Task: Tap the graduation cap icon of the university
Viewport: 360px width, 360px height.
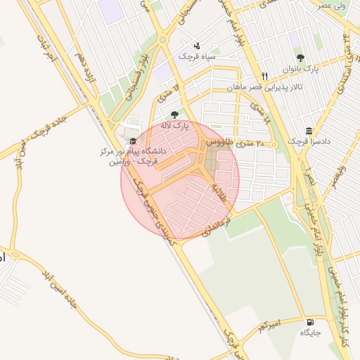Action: (x=134, y=141)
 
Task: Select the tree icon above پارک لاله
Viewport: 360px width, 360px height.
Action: (x=174, y=115)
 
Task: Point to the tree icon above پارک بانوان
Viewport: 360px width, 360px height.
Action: (x=301, y=58)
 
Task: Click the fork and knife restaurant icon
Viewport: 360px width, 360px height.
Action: (x=264, y=76)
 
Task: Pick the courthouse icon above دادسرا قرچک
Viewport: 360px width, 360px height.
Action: (x=309, y=131)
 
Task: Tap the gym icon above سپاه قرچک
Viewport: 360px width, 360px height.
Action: (x=196, y=45)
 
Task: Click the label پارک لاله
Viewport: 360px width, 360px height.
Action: (x=176, y=126)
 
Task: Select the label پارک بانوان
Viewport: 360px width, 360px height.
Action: (x=302, y=70)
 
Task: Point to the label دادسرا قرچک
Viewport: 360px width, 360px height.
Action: (x=308, y=142)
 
